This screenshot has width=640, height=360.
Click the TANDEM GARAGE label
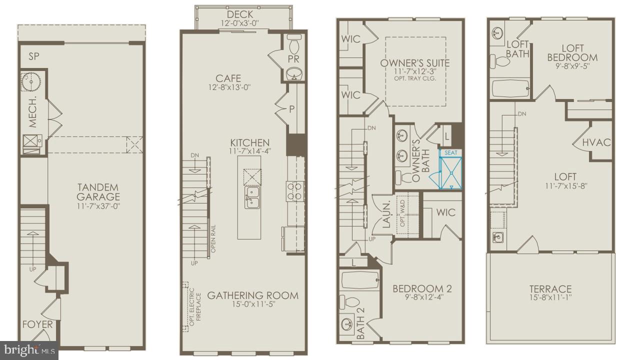coord(98,192)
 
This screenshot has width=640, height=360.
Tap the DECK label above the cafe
coord(240,14)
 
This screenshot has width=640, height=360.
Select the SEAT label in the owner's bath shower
coord(450,152)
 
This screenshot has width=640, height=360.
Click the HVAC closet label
coord(596,142)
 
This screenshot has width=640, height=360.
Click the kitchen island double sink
coord(251,197)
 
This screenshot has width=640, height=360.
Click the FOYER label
coord(37,324)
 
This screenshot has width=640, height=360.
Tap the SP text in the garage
coord(34,56)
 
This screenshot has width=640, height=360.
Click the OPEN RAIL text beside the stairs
coord(213,239)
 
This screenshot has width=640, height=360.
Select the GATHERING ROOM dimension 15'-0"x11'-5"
coord(252,304)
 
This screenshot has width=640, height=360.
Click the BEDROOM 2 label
coord(422,288)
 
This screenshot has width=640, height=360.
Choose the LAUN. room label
coord(386,215)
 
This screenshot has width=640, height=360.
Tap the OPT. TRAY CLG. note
coord(415,78)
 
